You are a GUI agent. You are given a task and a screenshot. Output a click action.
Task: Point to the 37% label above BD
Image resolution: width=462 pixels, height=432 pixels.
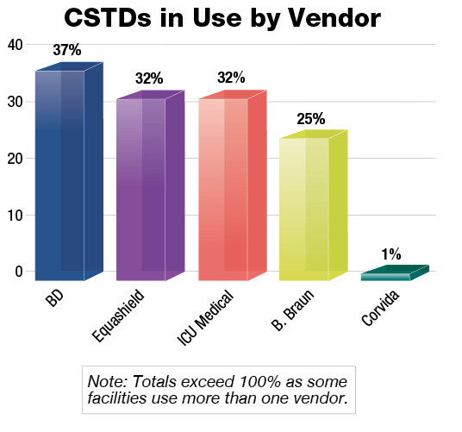tap(66, 52)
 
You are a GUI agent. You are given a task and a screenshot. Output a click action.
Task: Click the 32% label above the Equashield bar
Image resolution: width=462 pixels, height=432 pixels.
tap(148, 78)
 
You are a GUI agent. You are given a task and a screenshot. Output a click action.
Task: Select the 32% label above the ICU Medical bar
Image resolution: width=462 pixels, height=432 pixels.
tap(231, 78)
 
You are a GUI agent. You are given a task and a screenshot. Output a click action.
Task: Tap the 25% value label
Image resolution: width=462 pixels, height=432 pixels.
tap(310, 119)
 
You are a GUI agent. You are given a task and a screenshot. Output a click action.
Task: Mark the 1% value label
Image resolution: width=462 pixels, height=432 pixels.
tap(391, 254)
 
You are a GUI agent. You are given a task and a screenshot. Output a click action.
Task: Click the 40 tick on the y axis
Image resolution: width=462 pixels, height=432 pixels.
tap(15, 45)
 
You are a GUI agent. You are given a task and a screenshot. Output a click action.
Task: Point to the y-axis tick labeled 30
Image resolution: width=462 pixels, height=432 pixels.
tap(15, 102)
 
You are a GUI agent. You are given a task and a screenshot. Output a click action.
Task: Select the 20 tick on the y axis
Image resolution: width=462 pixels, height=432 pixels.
tap(15, 159)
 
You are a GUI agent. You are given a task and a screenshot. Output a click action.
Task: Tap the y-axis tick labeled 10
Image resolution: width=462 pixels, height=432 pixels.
tap(15, 215)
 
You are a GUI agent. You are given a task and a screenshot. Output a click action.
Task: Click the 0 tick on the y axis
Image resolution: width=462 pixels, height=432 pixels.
tap(18, 271)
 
